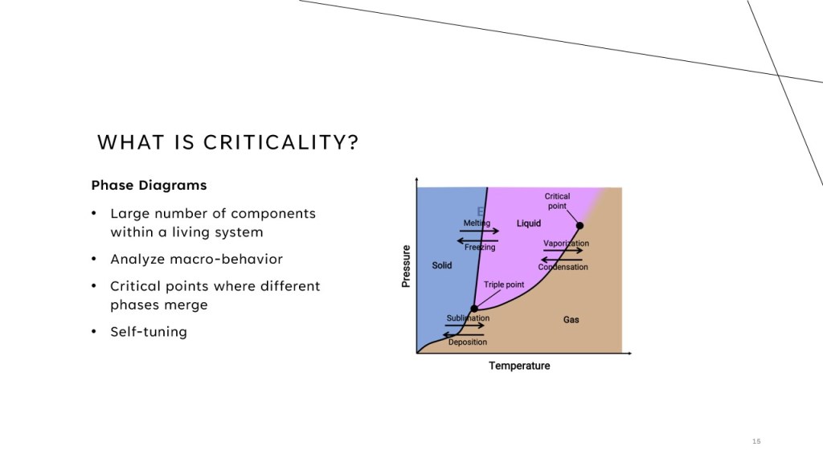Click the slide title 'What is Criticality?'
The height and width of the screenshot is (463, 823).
coord(227,142)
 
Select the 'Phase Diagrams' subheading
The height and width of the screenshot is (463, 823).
coord(149,186)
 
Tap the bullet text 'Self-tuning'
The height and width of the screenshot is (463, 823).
coord(149,332)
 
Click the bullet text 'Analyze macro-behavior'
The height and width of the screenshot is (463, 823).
coord(196,259)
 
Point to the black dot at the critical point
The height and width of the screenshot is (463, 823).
coord(579,226)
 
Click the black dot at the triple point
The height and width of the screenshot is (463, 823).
coord(474,309)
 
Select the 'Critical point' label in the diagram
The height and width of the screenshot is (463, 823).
coord(557,201)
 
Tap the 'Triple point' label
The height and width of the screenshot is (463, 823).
coord(504,285)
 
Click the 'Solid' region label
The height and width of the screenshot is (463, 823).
coord(442,265)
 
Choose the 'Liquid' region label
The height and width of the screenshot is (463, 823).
coord(529,223)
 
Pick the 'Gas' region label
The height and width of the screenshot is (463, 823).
coord(571,320)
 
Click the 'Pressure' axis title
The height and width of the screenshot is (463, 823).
coord(406,266)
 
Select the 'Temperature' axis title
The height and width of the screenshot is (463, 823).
coord(519,366)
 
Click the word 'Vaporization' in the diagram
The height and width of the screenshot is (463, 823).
coord(566,243)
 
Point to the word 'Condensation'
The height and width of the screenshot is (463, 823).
coord(563,267)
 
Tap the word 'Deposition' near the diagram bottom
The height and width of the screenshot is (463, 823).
coord(468,342)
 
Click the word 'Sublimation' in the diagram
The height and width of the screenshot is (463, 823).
coord(469,318)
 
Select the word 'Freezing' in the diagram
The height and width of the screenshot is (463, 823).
coord(480,248)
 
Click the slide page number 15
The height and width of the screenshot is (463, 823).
coord(756,441)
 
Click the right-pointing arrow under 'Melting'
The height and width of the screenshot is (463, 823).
coord(479,231)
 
